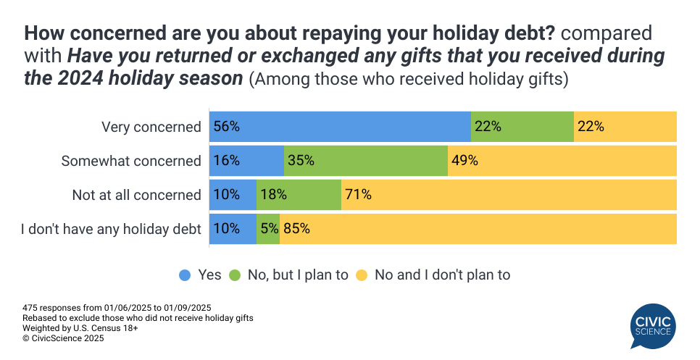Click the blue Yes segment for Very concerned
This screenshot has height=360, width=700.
point(340,127)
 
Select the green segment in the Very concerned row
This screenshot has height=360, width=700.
point(522,127)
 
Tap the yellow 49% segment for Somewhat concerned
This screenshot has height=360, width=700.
point(562,161)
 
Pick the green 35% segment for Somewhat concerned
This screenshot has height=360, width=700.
point(365,161)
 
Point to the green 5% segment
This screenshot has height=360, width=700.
point(268,228)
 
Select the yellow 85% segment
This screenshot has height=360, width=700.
point(478,228)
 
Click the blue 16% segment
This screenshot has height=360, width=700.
point(246,161)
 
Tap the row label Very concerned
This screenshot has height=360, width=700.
point(151,127)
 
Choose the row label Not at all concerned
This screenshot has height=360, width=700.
point(136,194)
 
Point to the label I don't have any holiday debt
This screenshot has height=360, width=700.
point(111,228)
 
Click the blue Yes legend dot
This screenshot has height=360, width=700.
point(185,275)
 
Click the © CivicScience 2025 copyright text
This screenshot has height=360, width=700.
point(63,338)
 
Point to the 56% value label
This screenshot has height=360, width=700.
point(226,127)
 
